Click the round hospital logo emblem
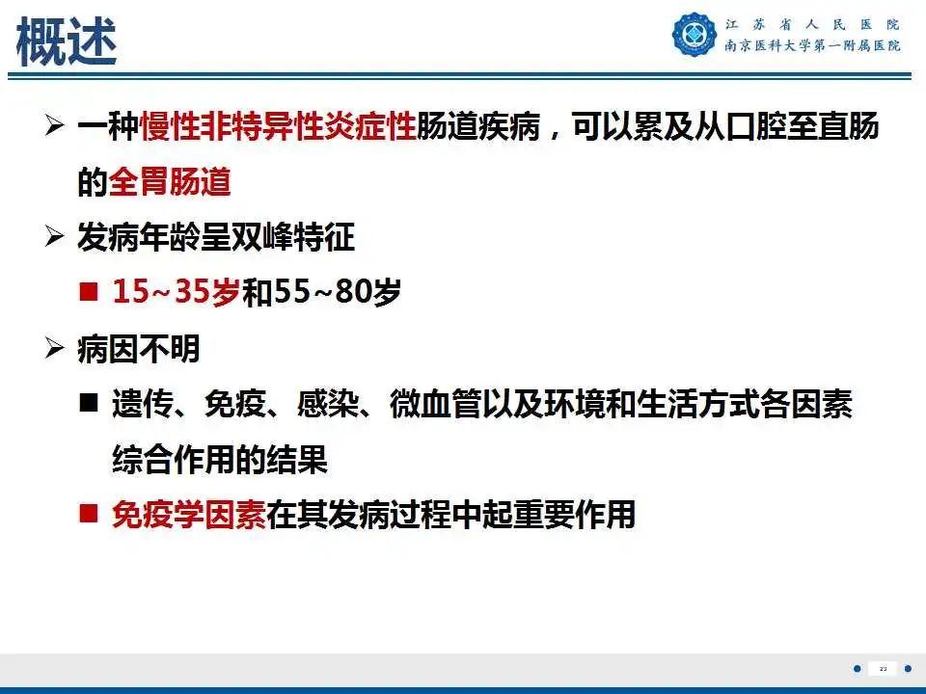(694, 35)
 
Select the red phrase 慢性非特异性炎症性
(278, 127)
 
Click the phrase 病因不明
(139, 349)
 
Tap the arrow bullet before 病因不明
(55, 349)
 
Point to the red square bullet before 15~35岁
(89, 292)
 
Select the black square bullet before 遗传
(89, 405)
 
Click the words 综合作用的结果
(220, 460)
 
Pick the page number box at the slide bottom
(883, 668)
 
